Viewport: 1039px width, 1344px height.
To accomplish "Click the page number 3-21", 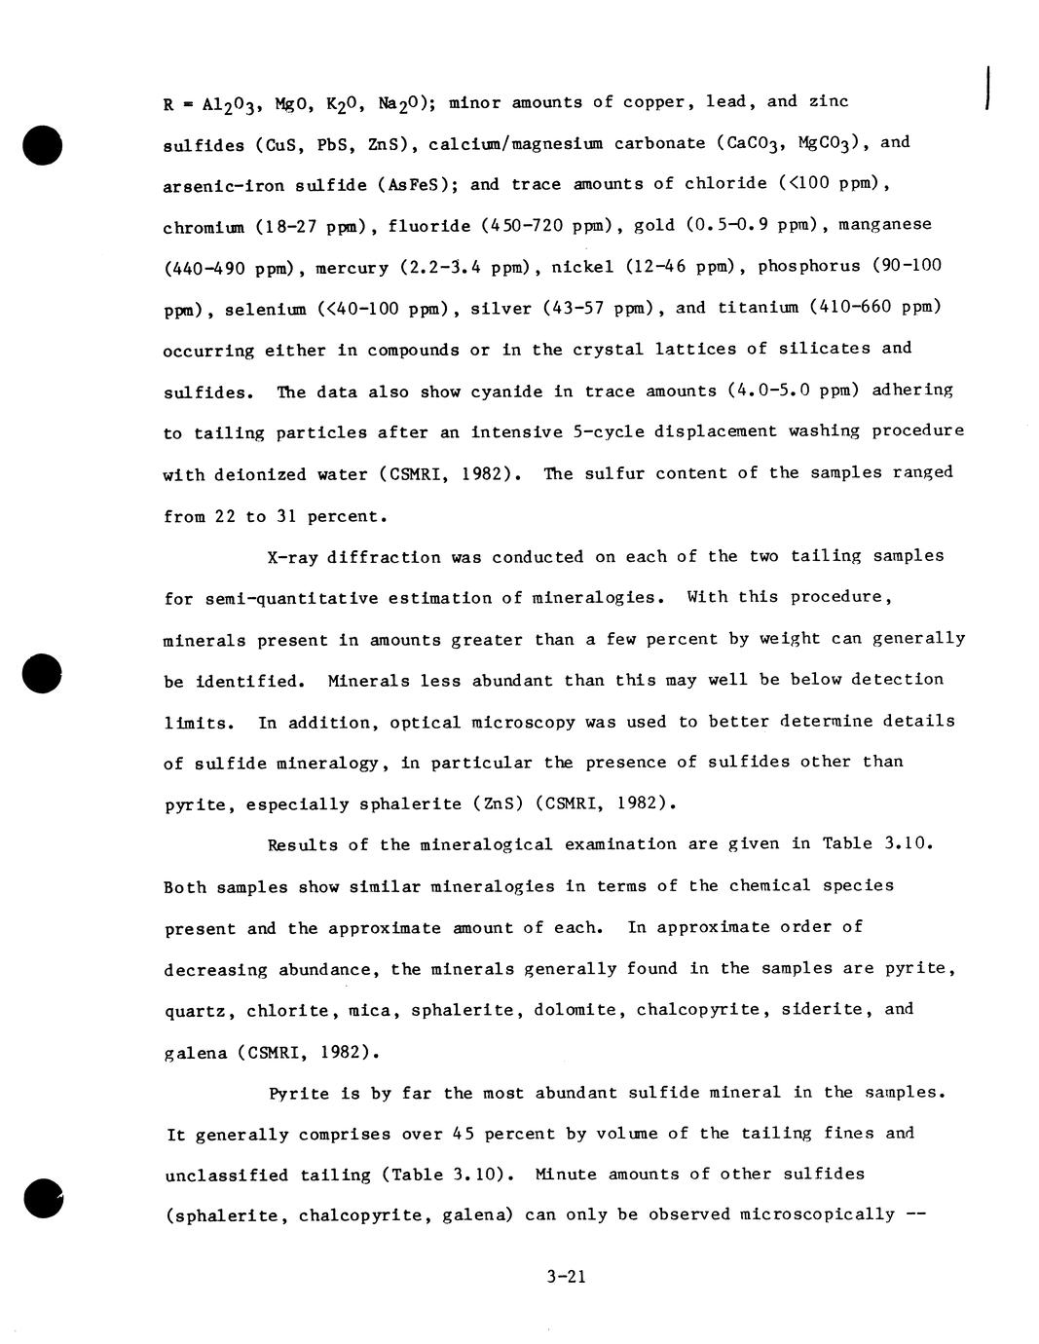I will click(566, 1276).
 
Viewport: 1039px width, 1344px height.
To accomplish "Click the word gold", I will click(654, 225).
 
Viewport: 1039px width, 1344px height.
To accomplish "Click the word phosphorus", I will click(808, 266).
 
